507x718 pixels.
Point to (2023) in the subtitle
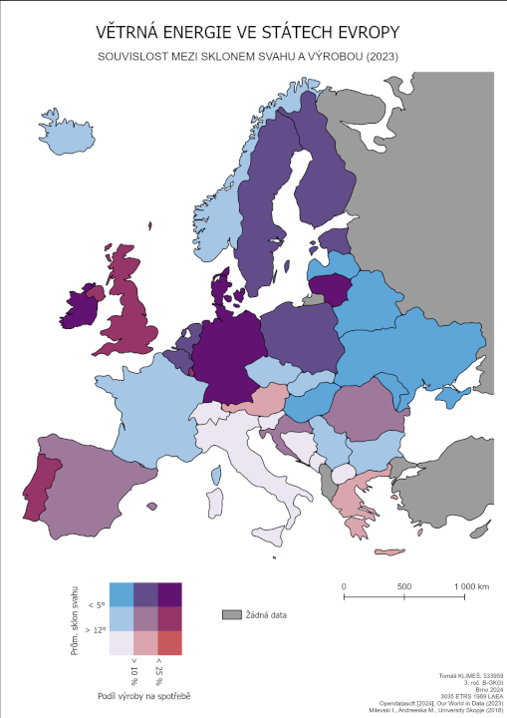380,57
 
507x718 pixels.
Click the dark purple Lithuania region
331,289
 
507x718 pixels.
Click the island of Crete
382,551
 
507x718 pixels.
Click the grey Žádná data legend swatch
232,615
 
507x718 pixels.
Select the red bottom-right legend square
169,643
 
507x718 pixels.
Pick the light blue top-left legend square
121,594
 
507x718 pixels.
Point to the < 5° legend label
96,605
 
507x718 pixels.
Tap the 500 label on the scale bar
404,585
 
